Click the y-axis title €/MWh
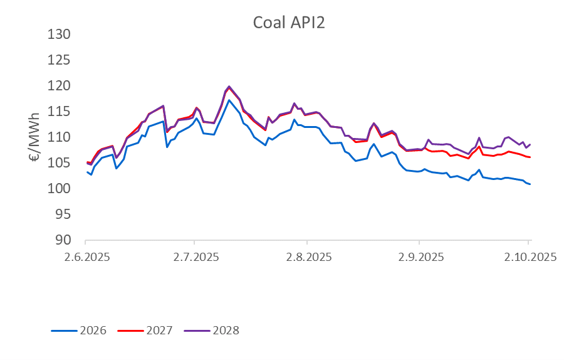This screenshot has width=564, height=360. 36,137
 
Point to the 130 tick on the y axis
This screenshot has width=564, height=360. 60,34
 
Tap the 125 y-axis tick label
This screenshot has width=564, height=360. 60,60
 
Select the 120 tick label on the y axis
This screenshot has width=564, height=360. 60,85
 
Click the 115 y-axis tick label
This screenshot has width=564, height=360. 60,111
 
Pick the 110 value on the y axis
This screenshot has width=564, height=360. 60,137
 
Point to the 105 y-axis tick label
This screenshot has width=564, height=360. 60,162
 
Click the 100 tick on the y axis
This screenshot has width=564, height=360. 60,188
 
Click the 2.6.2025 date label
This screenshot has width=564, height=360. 85,257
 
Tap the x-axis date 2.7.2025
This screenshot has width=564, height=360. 194,257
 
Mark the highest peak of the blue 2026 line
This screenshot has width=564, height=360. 229,100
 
